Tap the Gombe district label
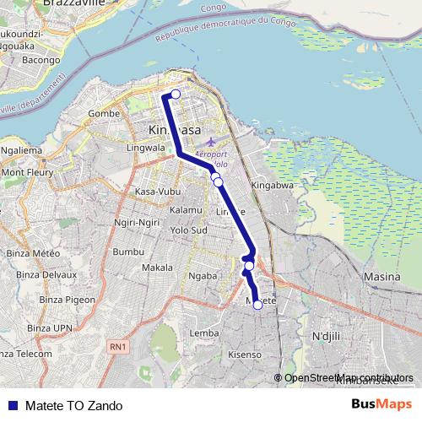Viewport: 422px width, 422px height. pyautogui.click(x=104, y=112)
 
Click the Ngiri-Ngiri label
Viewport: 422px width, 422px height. pyautogui.click(x=137, y=221)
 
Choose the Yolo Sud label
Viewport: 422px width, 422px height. pyautogui.click(x=188, y=230)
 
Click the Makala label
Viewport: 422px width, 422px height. pyautogui.click(x=157, y=268)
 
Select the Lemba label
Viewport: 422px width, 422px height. pyautogui.click(x=205, y=333)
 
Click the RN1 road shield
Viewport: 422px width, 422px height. pyautogui.click(x=117, y=346)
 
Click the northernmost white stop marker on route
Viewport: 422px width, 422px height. pyautogui.click(x=176, y=94)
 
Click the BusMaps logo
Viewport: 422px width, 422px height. pyautogui.click(x=381, y=405)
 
